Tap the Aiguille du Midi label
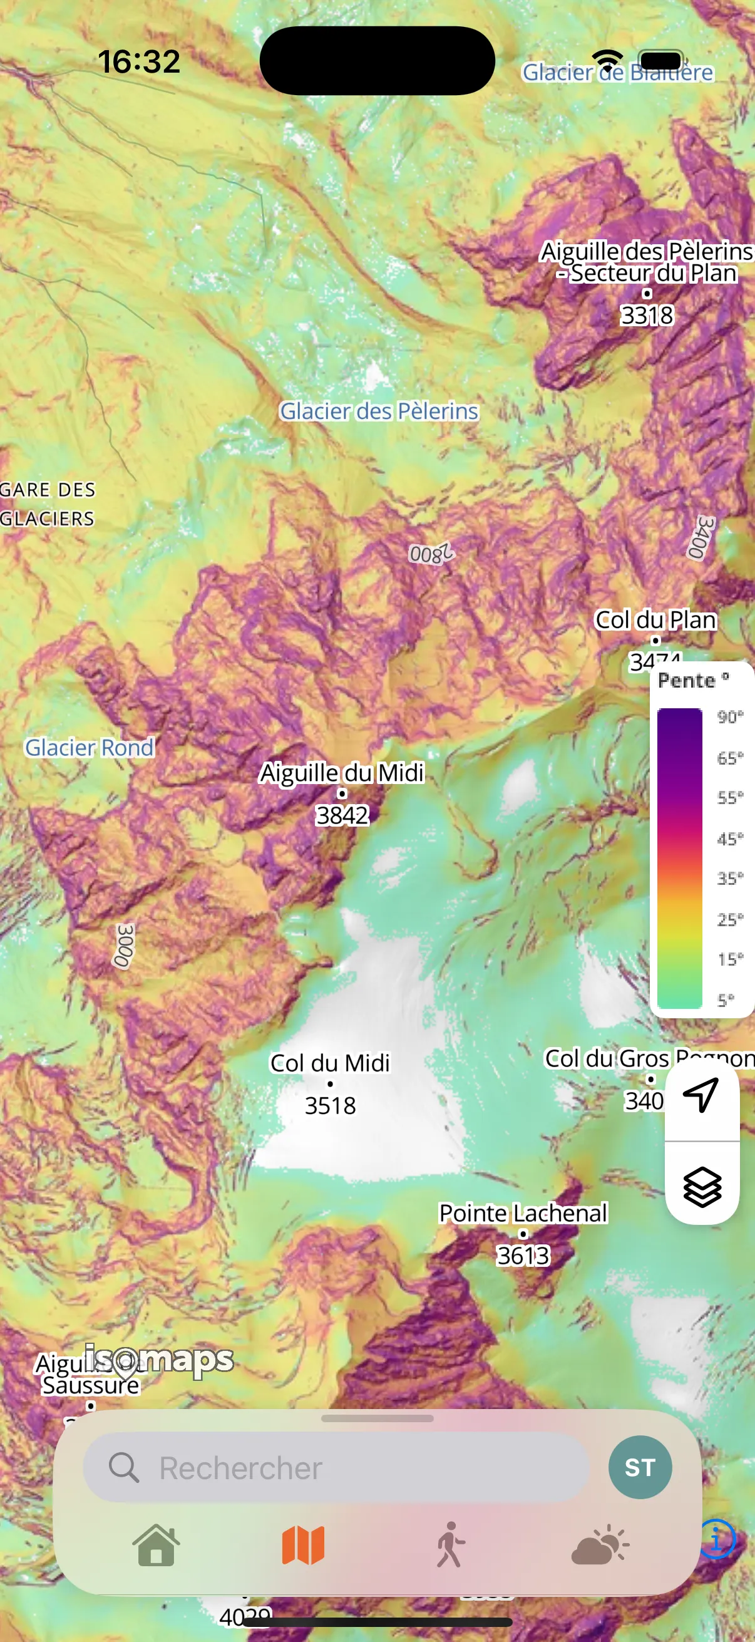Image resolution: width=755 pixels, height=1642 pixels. pyautogui.click(x=342, y=773)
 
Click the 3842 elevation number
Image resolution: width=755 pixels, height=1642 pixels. pyautogui.click(x=342, y=815)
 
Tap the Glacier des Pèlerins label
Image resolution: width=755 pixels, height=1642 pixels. pyautogui.click(x=379, y=411)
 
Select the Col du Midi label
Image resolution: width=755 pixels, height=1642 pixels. pyautogui.click(x=330, y=1063)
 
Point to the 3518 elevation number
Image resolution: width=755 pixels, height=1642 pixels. pyautogui.click(x=330, y=1105)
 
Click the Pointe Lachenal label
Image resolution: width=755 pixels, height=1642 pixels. pyautogui.click(x=523, y=1212)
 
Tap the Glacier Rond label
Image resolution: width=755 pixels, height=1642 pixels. pyautogui.click(x=89, y=747)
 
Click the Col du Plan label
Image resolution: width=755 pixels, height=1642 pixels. pyautogui.click(x=655, y=619)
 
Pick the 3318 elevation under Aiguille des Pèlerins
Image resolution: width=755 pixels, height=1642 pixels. pyautogui.click(x=647, y=315)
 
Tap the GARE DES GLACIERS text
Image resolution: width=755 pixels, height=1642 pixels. pyautogui.click(x=48, y=504)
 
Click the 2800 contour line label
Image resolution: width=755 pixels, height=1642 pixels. pyautogui.click(x=431, y=554)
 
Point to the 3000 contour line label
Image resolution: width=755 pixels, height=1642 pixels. pyautogui.click(x=125, y=946)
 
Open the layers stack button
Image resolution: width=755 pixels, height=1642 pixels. pyautogui.click(x=702, y=1187)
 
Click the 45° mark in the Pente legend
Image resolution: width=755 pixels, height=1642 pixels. pyautogui.click(x=729, y=838)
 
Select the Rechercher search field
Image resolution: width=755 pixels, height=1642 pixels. pyautogui.click(x=336, y=1468)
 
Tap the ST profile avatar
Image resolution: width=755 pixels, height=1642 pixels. pyautogui.click(x=640, y=1467)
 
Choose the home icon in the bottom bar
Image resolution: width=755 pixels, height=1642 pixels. pyautogui.click(x=156, y=1545)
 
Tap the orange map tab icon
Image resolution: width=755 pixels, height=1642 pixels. pyautogui.click(x=303, y=1545)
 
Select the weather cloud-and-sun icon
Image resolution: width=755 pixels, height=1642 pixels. pyautogui.click(x=600, y=1545)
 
